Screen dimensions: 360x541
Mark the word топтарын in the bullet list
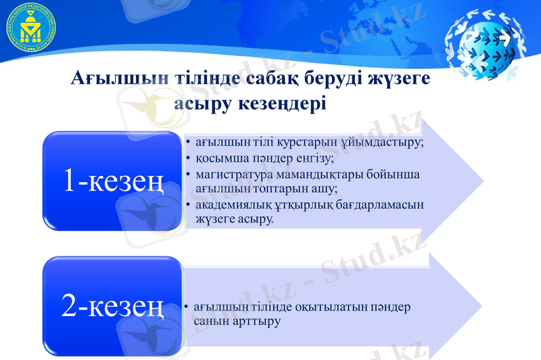281,189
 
